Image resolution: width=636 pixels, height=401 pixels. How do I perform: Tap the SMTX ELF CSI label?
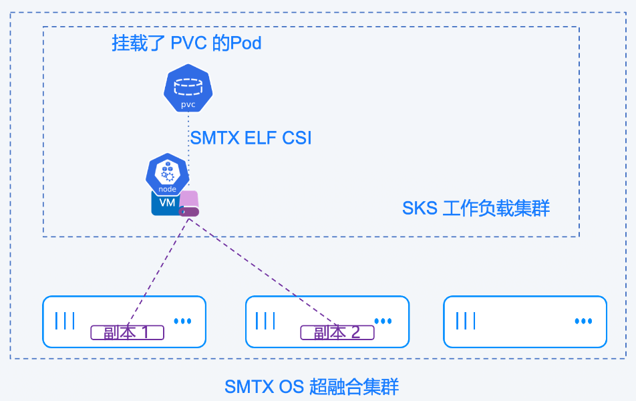coord(251,138)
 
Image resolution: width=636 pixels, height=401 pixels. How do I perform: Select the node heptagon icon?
coord(167,174)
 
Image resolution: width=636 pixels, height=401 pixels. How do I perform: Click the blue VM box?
coord(165,203)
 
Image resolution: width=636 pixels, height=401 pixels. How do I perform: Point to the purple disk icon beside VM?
coord(189,204)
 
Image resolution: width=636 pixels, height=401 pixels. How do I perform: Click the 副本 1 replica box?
coord(128,332)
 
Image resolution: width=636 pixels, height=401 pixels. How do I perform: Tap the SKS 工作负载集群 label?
coord(476,209)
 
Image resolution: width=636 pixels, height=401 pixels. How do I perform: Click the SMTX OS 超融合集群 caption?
coord(311,386)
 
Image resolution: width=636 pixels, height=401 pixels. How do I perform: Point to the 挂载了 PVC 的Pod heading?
coord(186,44)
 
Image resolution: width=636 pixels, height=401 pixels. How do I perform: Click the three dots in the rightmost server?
coord(583,321)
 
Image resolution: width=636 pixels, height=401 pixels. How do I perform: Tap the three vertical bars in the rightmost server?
coord(466,321)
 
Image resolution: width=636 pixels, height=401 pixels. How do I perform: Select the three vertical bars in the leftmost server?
coord(65,321)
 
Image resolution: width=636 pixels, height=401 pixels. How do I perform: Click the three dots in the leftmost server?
coord(182,321)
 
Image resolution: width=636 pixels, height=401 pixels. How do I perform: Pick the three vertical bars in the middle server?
coord(265,321)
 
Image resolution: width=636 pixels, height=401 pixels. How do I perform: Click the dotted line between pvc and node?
coord(188,134)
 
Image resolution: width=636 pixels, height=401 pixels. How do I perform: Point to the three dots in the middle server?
coord(383,321)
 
